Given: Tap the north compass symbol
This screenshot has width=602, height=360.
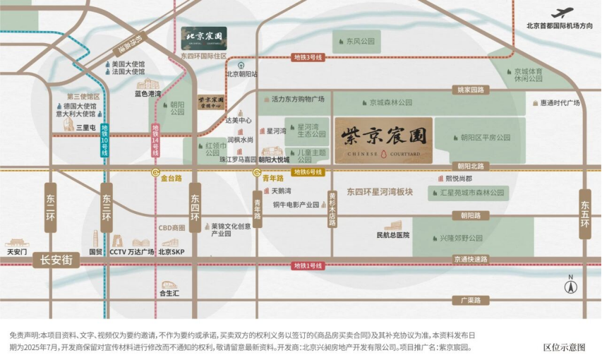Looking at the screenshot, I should [570, 284].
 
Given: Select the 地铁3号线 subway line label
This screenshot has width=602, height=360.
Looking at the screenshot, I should [308, 57].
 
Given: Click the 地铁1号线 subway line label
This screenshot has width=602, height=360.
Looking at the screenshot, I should [308, 266].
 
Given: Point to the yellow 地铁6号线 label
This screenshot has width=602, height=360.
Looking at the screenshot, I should [308, 172].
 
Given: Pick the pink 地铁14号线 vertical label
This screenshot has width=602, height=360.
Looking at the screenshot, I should [155, 140].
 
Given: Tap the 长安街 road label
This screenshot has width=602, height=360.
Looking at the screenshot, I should [56, 260].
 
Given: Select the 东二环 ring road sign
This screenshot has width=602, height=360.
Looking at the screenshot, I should [50, 208].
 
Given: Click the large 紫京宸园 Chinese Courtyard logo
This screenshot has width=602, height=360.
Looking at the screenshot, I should [383, 140].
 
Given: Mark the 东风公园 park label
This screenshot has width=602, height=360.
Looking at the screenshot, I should [360, 42].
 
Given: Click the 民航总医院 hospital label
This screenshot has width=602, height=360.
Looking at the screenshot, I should [393, 234].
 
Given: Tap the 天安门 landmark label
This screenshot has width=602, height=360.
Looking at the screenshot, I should [17, 251].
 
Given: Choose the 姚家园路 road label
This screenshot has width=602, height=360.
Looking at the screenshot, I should [471, 90].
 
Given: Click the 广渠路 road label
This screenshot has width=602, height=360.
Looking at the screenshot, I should [471, 300].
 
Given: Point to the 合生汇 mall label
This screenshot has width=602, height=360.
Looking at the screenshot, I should [169, 293].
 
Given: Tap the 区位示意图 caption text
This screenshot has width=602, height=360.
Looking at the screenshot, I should [564, 347].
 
